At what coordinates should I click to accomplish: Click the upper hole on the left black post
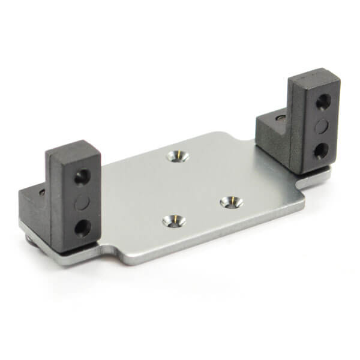[82, 177]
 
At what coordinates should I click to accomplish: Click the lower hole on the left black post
[83, 227]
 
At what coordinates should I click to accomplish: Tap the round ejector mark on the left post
[82, 202]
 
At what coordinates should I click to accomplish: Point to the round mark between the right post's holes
[323, 125]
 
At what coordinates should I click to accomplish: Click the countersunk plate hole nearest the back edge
[178, 157]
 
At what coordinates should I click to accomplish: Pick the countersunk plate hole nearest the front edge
[173, 221]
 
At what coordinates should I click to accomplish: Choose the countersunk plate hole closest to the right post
[231, 202]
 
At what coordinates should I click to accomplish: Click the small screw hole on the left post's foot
[41, 193]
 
